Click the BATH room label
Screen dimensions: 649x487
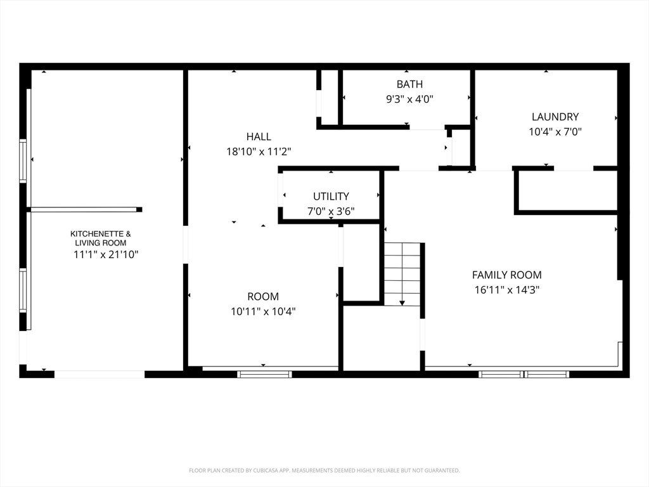point(410,84)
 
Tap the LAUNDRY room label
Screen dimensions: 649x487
point(555,117)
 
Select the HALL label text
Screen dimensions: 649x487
point(259,136)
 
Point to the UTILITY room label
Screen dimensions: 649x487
point(331,196)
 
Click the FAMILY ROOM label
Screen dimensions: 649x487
point(506,275)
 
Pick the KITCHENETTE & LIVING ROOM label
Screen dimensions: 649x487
point(101,238)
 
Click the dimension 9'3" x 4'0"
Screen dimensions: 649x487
point(410,99)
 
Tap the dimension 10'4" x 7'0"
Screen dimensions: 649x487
point(555,132)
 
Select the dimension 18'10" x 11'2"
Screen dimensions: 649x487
point(259,152)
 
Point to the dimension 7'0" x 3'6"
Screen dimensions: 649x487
point(331,211)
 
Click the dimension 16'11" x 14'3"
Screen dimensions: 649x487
point(506,289)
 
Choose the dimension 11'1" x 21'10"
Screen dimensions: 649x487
point(106,254)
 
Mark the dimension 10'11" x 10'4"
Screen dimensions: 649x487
point(263,311)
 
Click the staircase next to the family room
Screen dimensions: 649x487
point(402,274)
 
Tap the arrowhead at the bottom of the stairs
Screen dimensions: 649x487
point(402,303)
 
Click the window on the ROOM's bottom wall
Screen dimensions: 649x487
point(264,374)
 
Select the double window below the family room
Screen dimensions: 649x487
point(524,374)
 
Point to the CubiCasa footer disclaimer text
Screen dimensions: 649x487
point(324,471)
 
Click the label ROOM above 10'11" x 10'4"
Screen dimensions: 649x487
point(263,296)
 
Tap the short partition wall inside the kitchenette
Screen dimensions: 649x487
point(86,209)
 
